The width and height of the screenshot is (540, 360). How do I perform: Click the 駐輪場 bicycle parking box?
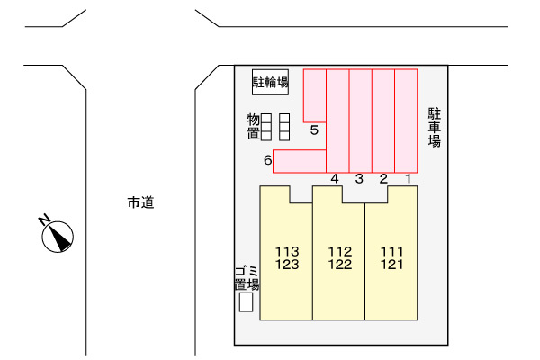270,82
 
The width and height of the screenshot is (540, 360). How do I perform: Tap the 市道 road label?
141,202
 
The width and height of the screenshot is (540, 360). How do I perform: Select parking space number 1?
406,121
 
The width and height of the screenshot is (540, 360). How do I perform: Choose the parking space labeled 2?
383,121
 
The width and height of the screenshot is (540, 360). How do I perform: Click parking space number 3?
361,121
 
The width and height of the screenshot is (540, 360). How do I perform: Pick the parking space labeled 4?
337,121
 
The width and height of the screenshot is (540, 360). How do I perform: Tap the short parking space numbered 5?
315,95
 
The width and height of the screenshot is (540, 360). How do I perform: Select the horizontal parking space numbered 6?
300,161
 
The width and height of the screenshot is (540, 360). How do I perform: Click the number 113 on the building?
287,251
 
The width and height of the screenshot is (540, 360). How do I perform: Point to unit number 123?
287,265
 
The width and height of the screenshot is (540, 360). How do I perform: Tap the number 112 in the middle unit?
340,251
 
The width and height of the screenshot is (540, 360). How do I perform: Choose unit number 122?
340,265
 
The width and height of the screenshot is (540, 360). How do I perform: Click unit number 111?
391,251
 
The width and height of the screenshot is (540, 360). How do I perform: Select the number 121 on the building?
391,265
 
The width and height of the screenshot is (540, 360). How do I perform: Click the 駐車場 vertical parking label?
435,128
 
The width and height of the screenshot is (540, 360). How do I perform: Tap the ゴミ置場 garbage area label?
247,278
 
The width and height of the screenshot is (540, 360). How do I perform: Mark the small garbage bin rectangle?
247,302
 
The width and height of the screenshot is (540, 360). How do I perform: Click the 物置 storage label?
254,127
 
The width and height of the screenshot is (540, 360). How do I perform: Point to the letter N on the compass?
44,219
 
